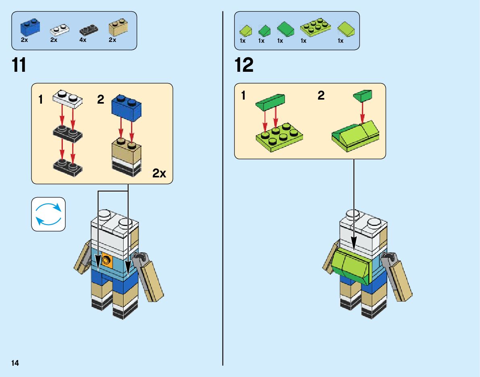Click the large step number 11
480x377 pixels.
(x=19, y=65)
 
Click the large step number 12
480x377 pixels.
(x=244, y=65)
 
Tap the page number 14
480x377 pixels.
(x=15, y=363)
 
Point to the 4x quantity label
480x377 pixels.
(x=83, y=40)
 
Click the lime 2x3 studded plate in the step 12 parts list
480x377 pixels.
(x=315, y=27)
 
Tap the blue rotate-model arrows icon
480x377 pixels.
(x=48, y=214)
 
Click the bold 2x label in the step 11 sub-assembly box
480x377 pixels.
(x=159, y=174)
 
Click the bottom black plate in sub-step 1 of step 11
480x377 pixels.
(x=67, y=166)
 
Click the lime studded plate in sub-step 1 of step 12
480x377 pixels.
(x=279, y=137)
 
